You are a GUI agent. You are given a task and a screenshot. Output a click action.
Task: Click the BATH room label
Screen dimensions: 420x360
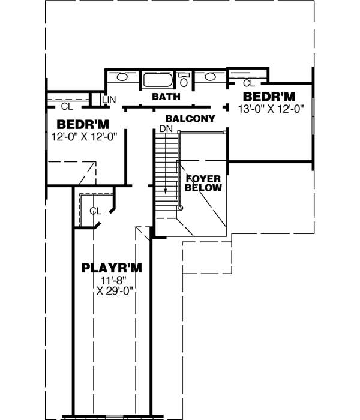[163, 97]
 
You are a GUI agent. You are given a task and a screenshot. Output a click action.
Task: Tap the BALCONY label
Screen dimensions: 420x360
[190, 119]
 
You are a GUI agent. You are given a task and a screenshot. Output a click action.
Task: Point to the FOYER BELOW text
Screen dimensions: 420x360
[203, 183]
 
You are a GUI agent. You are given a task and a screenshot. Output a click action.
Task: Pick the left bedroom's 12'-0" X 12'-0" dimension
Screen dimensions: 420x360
[83, 136]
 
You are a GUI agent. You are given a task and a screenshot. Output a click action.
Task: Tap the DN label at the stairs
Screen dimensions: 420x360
[166, 129]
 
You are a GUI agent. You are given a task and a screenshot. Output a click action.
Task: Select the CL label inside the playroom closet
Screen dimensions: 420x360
[95, 211]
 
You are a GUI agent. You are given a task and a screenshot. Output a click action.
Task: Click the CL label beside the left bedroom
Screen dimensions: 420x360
[66, 107]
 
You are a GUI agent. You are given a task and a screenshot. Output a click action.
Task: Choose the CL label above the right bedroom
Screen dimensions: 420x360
[249, 83]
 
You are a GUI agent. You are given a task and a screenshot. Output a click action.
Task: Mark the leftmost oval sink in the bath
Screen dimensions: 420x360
[122, 77]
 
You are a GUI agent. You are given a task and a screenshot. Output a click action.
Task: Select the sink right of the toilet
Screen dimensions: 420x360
[211, 77]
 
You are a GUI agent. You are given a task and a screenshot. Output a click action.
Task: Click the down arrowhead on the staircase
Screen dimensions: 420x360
[166, 190]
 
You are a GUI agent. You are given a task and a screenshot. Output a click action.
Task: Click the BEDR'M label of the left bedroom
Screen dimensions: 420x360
[83, 124]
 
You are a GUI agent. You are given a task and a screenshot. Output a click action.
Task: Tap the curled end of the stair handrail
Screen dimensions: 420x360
[178, 207]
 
